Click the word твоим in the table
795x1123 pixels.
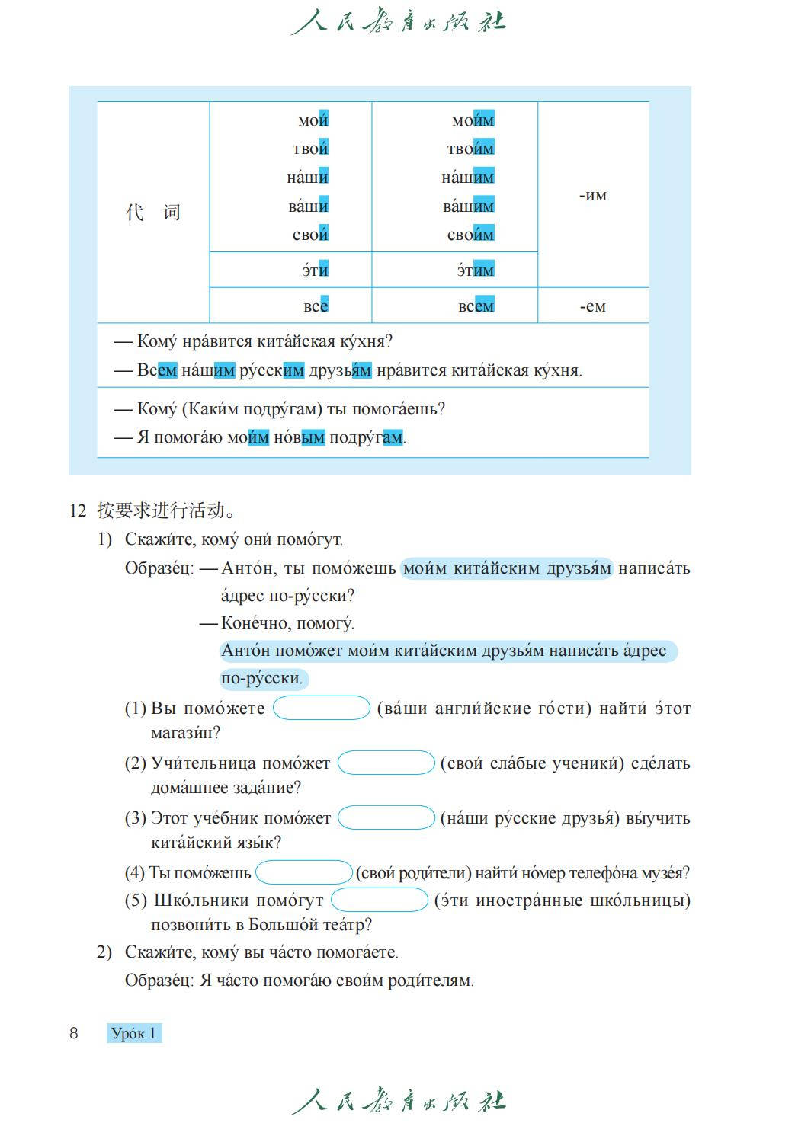[x=470, y=149]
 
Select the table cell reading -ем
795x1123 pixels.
[x=592, y=306]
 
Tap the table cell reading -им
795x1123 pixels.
[x=592, y=195]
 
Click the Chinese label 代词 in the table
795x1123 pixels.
[x=153, y=212]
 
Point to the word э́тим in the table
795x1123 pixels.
[x=475, y=270]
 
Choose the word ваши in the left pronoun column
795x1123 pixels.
[x=308, y=206]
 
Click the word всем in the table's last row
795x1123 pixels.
[x=476, y=306]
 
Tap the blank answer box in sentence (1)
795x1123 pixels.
[x=322, y=708]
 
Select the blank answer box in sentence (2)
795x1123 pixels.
[x=386, y=763]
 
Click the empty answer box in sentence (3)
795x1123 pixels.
[x=386, y=817]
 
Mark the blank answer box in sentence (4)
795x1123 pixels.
[x=303, y=872]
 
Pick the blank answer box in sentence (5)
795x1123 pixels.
[x=380, y=900]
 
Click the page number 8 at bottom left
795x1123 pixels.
[x=74, y=1033]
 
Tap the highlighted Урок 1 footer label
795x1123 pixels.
[x=134, y=1033]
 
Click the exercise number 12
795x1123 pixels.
[x=78, y=510]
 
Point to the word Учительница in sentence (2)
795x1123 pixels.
[x=202, y=763]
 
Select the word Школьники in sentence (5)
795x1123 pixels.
[x=200, y=901]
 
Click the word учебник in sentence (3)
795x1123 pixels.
[x=240, y=818]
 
